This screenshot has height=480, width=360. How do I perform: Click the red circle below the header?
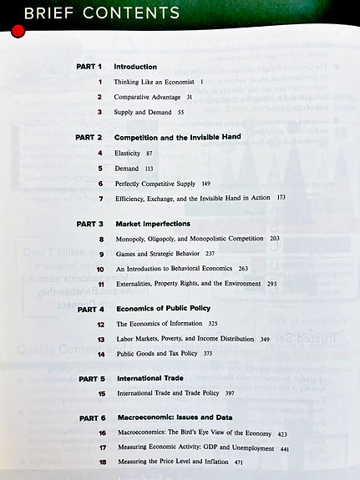[18, 32]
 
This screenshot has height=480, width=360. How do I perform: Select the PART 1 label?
[89, 67]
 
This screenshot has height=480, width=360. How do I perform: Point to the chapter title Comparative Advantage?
[149, 97]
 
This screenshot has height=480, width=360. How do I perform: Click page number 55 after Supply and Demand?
[181, 112]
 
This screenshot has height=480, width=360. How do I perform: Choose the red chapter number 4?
[99, 153]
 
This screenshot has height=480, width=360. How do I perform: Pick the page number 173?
[281, 199]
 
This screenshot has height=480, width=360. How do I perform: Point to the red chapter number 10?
[99, 270]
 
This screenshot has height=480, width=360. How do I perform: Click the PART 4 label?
[89, 309]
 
